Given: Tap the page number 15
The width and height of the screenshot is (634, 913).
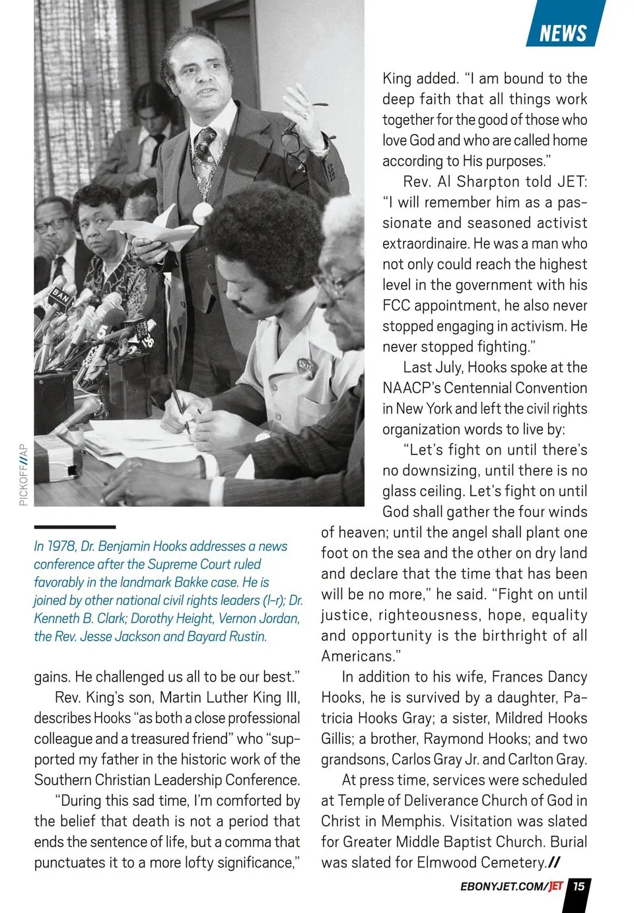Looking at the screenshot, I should point(579,886).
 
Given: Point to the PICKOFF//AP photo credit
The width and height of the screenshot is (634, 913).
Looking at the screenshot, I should point(24,474).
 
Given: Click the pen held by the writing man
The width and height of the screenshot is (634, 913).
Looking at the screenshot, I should point(179,404).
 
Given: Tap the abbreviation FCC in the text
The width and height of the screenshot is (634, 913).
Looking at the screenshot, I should point(396,305).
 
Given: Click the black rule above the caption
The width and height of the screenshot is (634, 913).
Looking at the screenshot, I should point(75,527).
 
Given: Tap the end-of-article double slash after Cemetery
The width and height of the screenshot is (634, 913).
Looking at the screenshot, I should point(555,862).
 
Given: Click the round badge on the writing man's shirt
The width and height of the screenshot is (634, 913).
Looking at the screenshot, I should point(304,365).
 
